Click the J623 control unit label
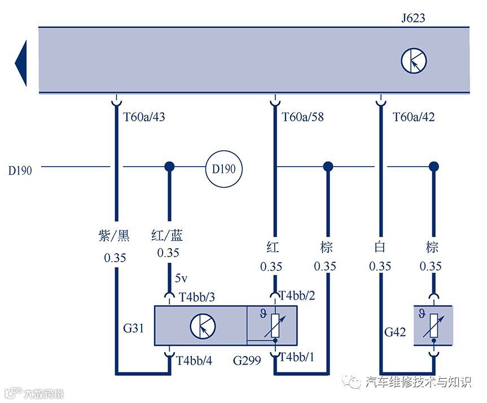tap(413, 19)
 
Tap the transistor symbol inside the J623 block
tap(414, 61)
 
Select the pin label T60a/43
tap(144, 118)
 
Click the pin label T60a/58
tap(302, 118)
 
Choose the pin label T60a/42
tap(414, 118)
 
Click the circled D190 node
tap(223, 168)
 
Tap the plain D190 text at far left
tap(20, 170)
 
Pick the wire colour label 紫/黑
tap(115, 235)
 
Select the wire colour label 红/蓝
tap(168, 235)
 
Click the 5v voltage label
tap(181, 279)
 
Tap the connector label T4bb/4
tap(194, 360)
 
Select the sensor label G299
tap(246, 360)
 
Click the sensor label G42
tap(396, 332)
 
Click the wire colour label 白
tap(379, 247)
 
